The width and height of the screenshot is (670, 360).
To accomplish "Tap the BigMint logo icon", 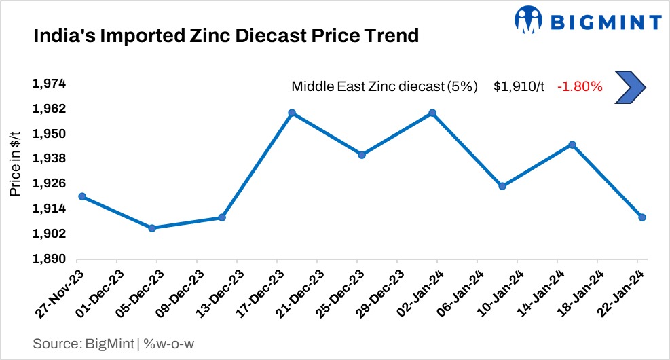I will click(529, 21).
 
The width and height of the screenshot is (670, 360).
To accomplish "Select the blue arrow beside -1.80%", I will click(629, 86).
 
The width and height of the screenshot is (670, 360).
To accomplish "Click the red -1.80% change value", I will click(580, 86).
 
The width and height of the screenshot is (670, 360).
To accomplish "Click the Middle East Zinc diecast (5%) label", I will click(384, 86).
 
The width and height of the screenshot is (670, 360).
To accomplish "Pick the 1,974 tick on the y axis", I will click(49, 84).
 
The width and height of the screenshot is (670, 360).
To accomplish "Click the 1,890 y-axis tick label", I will click(49, 259).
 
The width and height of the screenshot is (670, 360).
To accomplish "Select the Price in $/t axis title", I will click(15, 164).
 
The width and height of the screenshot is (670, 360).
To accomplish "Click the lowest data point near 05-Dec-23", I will click(152, 228).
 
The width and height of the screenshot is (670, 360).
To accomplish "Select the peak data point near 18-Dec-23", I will click(291, 113).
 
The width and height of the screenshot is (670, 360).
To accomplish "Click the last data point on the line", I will click(641, 217).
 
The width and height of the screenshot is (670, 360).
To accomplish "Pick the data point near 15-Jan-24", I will click(572, 145).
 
